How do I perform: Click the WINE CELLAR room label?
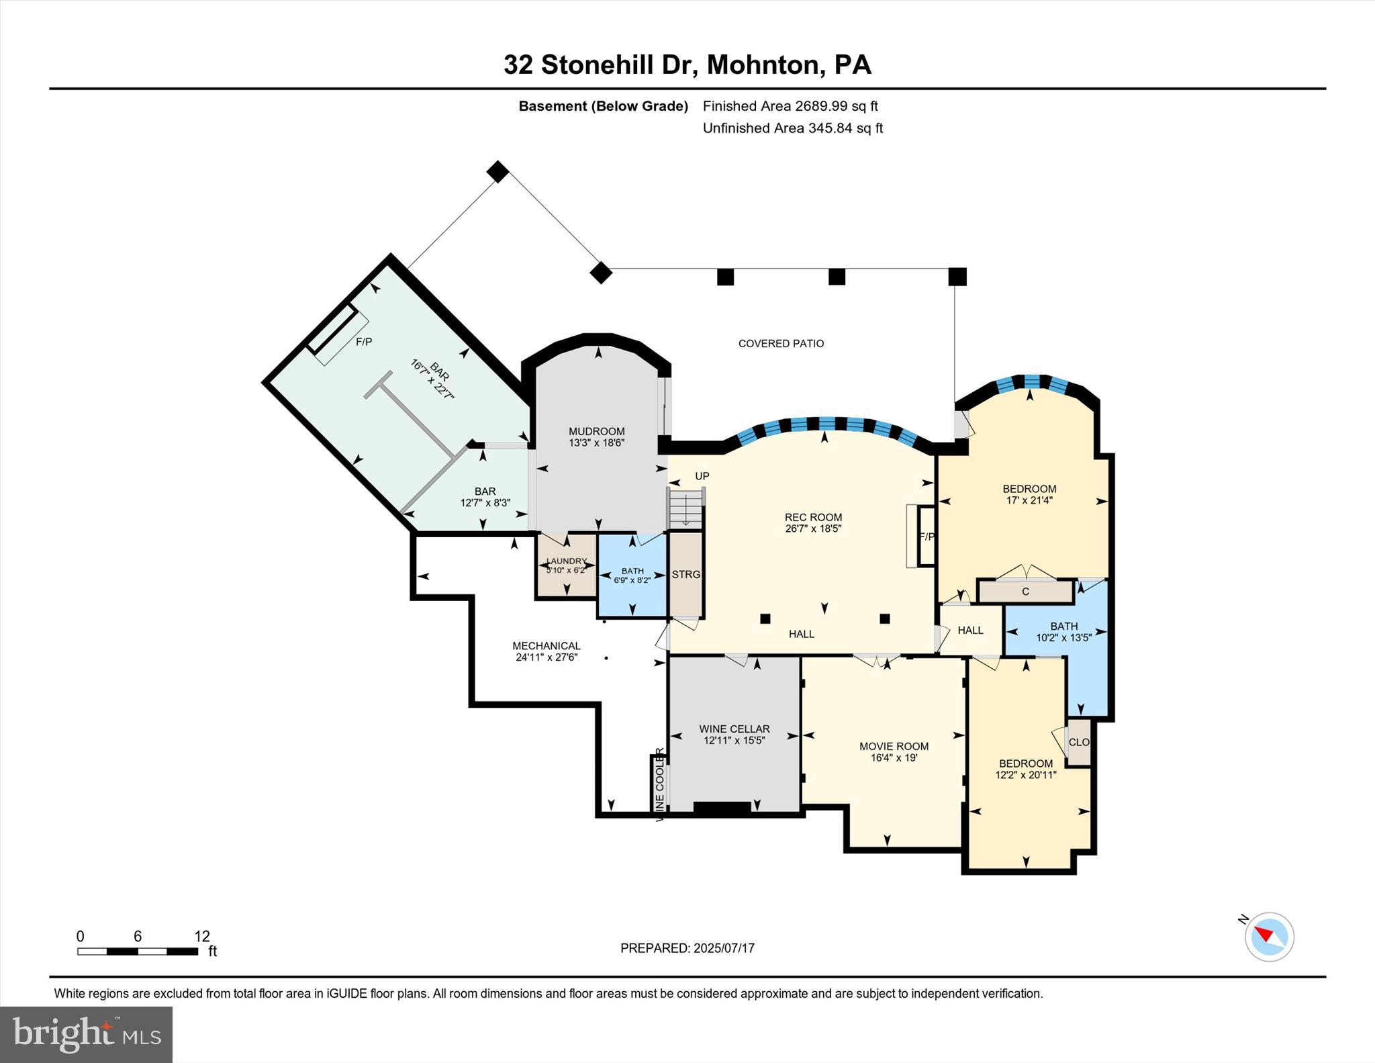pos(734,729)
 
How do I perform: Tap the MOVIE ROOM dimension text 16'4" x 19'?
pos(894,757)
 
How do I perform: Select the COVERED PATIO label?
pos(781,343)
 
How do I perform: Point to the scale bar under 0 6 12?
pos(138,951)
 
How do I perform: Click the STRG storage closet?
pos(685,575)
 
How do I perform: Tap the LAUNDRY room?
pos(566,565)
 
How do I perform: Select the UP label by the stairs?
pos(702,476)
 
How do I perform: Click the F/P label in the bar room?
pos(363,342)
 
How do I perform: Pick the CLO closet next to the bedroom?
pos(1078,742)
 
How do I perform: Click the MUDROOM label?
pos(596,431)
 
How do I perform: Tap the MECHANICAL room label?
pos(546,646)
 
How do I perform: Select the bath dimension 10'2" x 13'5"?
pos(1063,638)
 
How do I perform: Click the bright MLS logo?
pos(86,1034)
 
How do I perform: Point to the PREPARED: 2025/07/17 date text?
pos(687,948)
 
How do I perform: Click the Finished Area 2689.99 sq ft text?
pos(790,106)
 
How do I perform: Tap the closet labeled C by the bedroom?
pos(1025,592)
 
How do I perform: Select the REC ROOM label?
pos(813,517)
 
